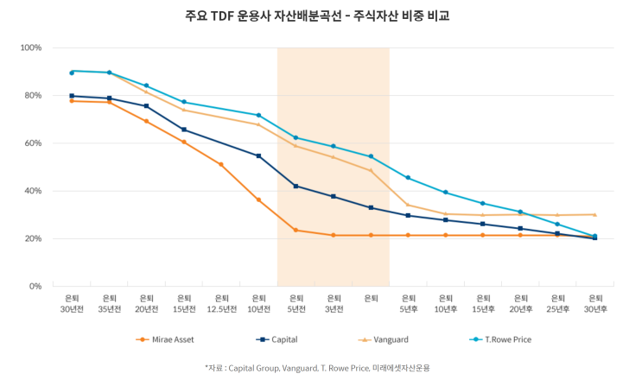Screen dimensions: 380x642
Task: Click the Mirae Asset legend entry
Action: (x=173, y=339)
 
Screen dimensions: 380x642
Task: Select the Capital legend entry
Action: (x=278, y=339)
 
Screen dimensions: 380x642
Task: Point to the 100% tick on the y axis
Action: (x=31, y=47)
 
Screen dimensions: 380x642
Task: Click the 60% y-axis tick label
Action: (x=33, y=143)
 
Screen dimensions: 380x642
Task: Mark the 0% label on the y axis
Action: (x=35, y=286)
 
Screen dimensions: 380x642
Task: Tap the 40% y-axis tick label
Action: (x=33, y=191)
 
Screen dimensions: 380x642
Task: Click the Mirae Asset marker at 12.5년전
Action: (x=221, y=164)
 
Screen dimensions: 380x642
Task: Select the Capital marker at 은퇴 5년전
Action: (x=296, y=186)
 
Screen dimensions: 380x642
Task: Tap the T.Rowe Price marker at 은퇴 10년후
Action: (x=446, y=193)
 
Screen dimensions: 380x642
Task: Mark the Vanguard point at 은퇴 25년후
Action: (x=557, y=215)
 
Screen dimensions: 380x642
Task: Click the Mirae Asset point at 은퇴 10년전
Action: (x=258, y=199)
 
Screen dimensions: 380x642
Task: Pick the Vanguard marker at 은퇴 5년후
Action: (x=408, y=206)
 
